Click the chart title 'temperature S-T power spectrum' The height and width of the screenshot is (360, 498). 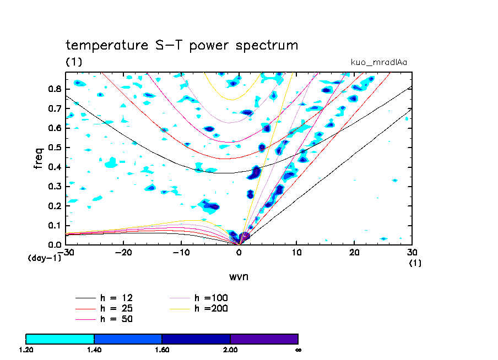point(182,45)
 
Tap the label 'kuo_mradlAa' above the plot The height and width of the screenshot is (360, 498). point(379,62)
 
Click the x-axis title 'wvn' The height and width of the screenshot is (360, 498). point(239,276)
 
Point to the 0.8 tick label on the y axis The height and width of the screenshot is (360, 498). point(54,89)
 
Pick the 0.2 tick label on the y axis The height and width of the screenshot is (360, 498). point(54,206)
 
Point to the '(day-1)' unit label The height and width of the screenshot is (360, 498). point(44,258)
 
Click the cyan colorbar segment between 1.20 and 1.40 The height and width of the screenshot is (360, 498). point(60,339)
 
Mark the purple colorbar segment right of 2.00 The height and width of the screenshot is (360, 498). point(264,339)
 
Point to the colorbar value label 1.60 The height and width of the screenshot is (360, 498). point(162,350)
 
